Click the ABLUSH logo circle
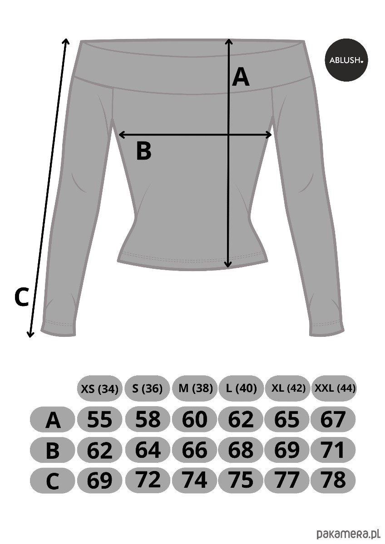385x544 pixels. [x=346, y=60]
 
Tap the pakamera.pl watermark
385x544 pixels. [x=348, y=534]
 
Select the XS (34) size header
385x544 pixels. [x=99, y=389]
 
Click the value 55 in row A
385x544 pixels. [x=99, y=419]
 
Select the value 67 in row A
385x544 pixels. [x=333, y=419]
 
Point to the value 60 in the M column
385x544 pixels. [x=194, y=419]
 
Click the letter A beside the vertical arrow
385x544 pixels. [x=241, y=77]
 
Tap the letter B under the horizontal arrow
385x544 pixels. [x=144, y=151]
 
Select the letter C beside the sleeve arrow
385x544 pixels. [x=22, y=297]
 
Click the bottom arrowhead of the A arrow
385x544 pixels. [x=228, y=264]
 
